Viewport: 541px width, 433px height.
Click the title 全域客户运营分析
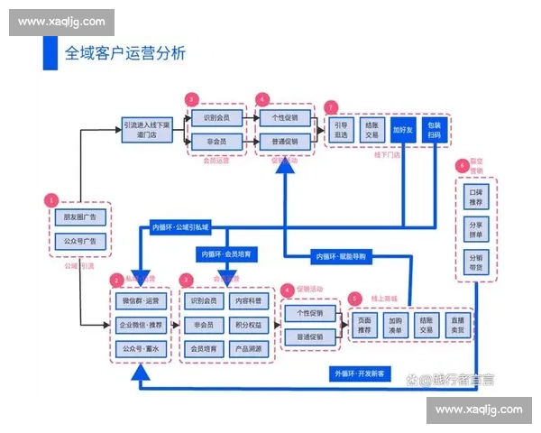pos(125,52)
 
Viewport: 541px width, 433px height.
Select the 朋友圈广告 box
pos(80,216)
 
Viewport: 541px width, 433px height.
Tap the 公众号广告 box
pos(80,241)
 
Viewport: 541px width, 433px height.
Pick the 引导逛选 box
pos(340,129)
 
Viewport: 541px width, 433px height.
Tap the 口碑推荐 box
pos(476,197)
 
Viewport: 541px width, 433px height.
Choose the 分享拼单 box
pos(476,228)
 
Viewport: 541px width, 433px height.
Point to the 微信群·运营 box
pos(140,300)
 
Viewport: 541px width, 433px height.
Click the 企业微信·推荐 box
pos(140,324)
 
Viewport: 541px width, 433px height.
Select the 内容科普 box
pos(248,300)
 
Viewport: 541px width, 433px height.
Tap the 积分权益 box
pos(248,324)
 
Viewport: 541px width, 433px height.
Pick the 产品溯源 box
pos(248,347)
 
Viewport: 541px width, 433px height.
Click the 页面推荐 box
pos(364,324)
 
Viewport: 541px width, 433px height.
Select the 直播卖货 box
pos(460,324)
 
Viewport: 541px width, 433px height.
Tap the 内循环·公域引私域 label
pos(179,226)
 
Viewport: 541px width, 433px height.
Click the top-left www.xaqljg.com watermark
pos(61,22)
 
